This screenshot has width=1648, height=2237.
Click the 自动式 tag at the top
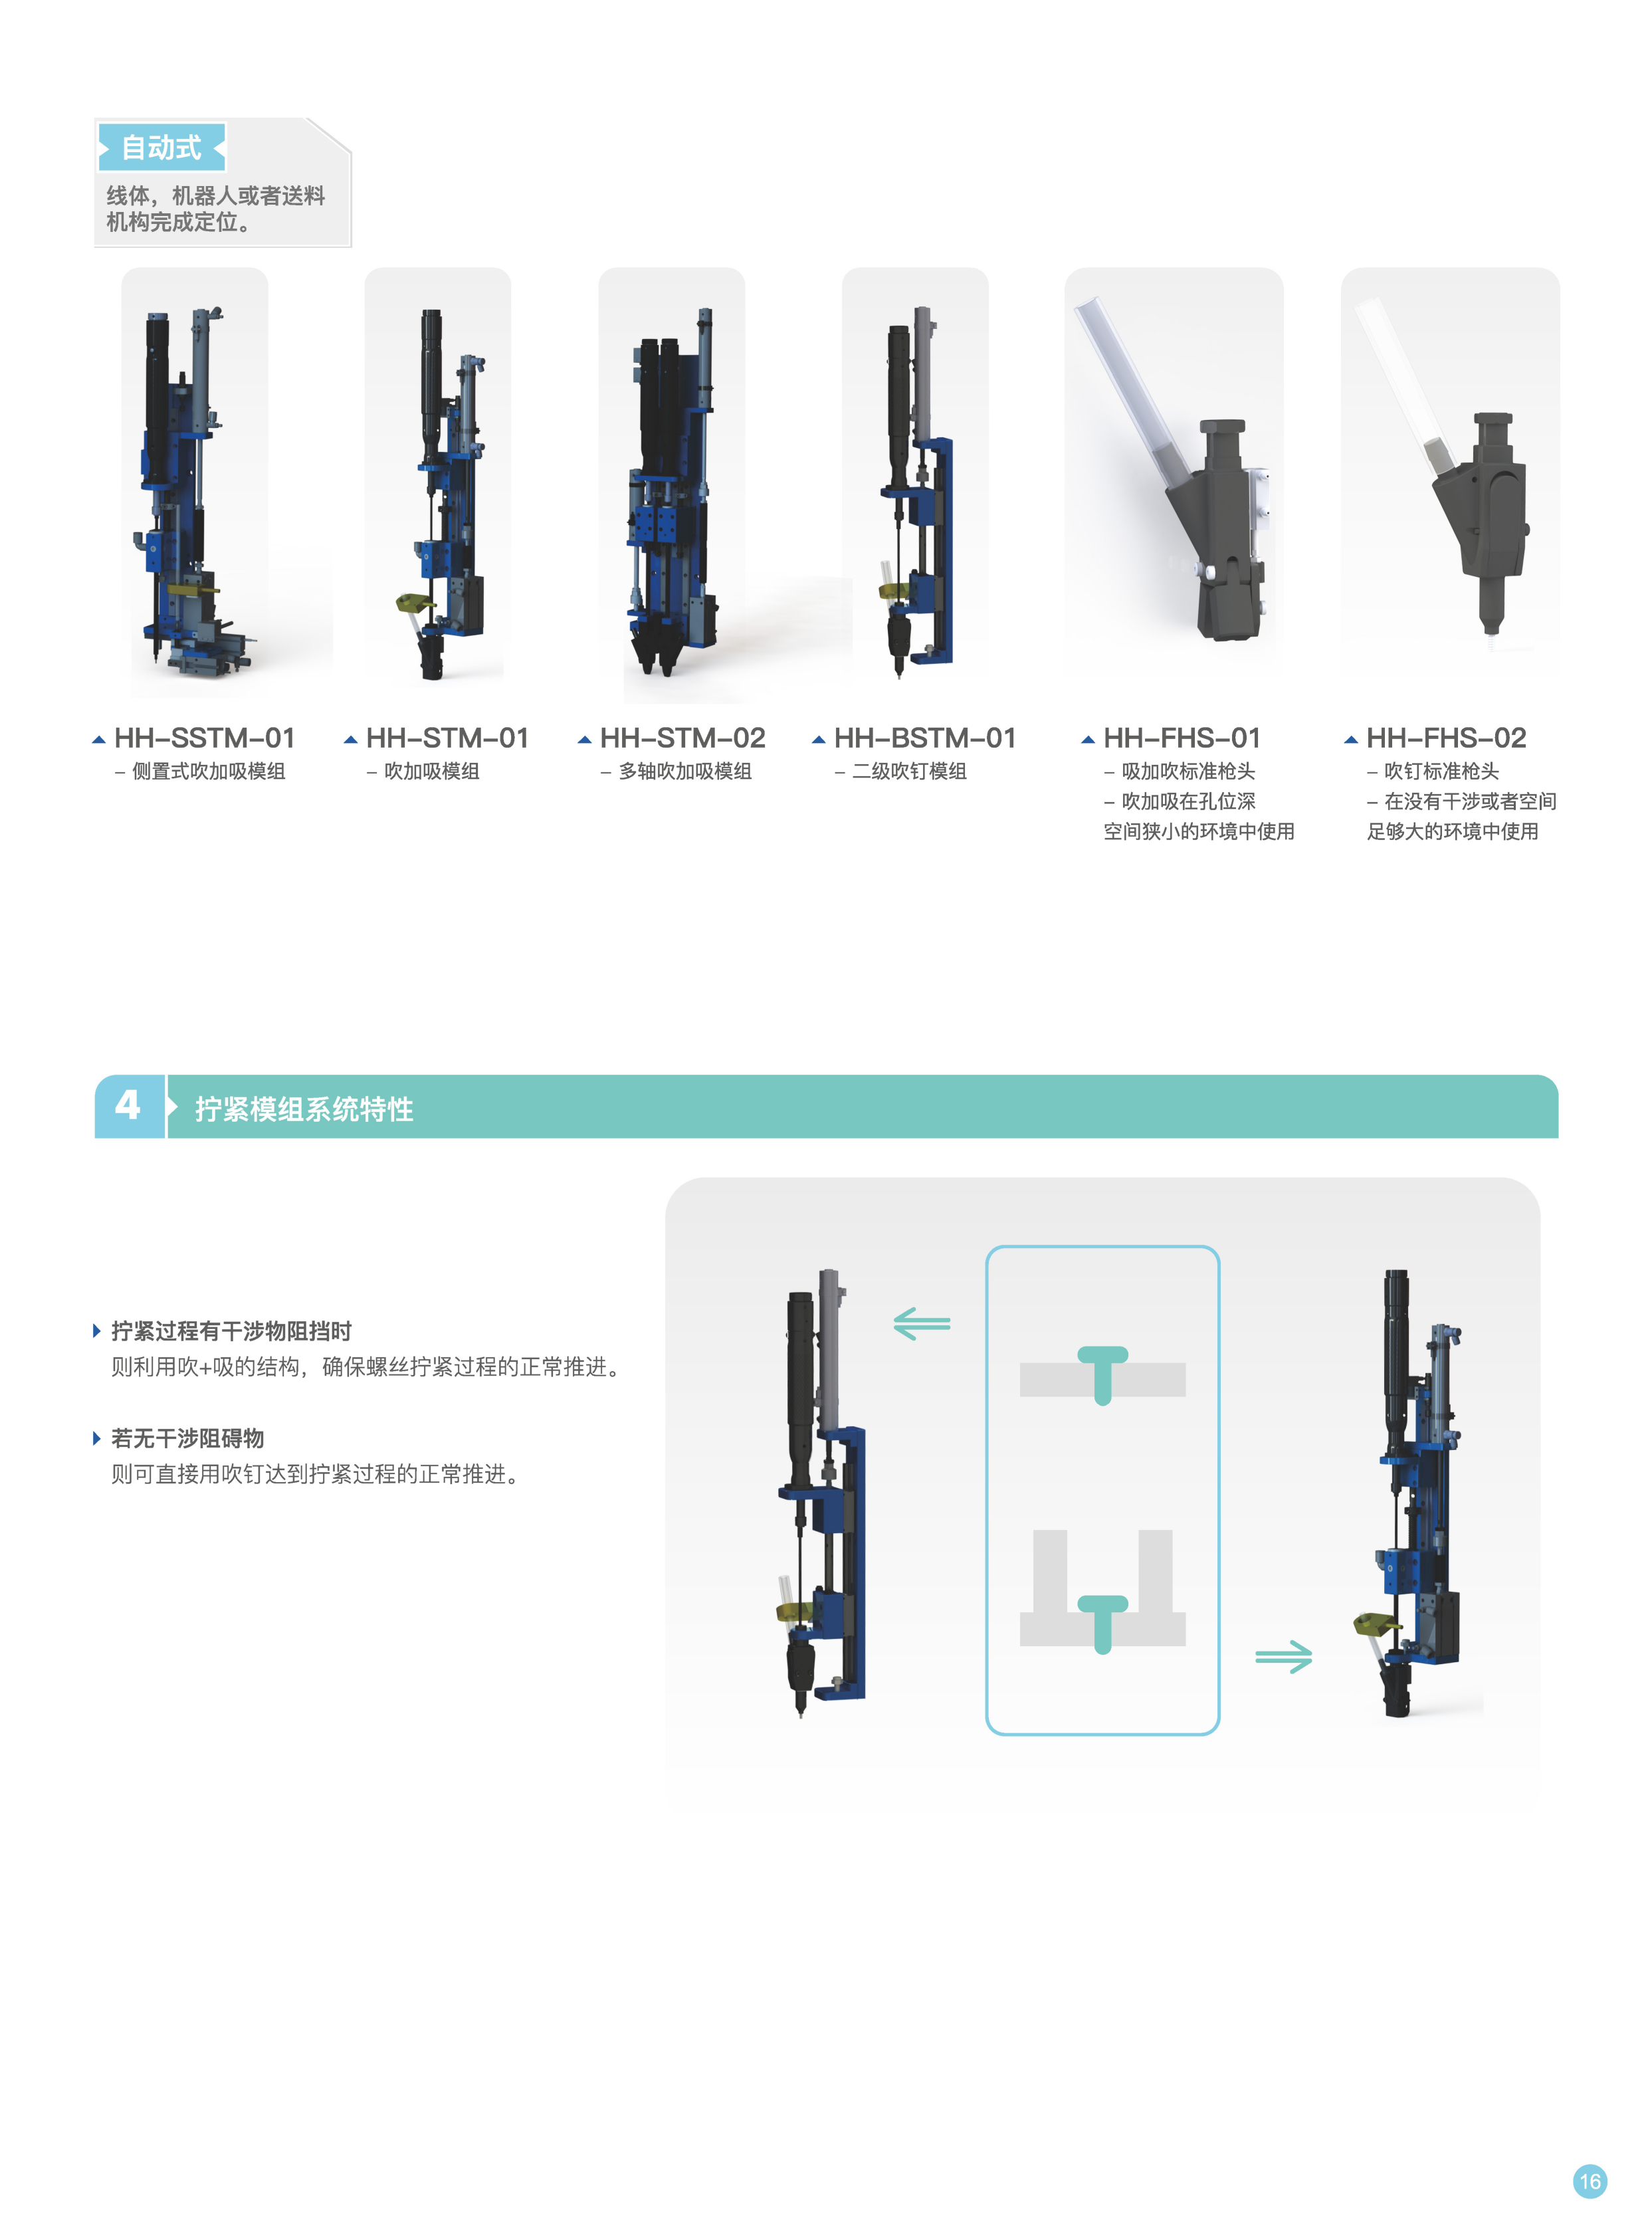click(161, 148)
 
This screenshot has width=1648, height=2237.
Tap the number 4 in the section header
click(128, 1105)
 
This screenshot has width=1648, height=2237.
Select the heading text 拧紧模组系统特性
click(304, 1109)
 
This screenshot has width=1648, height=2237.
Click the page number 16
click(1590, 2181)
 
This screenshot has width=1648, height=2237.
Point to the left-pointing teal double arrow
click(922, 1324)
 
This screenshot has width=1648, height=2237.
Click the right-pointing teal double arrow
click(1284, 1657)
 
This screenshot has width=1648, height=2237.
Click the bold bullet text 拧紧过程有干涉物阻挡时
click(231, 1331)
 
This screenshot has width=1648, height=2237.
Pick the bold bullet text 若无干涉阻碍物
click(187, 1438)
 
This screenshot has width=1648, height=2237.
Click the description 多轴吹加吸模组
click(685, 772)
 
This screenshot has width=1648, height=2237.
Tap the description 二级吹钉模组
click(910, 772)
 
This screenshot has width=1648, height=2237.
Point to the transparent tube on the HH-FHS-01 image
click(1127, 389)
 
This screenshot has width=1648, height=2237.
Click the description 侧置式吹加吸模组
click(209, 772)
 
